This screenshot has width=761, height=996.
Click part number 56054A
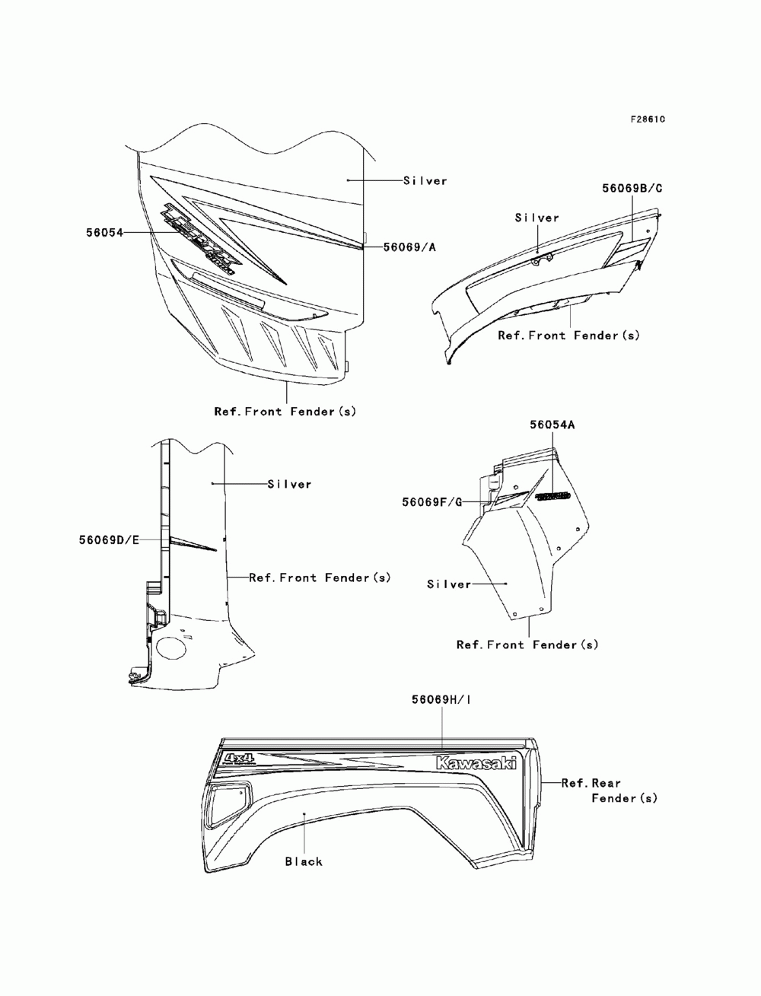tap(552, 425)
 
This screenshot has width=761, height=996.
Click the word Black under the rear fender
tap(304, 861)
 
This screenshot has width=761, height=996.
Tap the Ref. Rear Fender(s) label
tap(609, 790)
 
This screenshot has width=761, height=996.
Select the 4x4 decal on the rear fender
tap(239, 759)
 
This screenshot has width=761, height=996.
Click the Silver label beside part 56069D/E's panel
tap(289, 484)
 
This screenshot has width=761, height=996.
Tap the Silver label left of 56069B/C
tap(537, 218)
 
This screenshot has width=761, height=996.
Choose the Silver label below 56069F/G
tap(449, 584)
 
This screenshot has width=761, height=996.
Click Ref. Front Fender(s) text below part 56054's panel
tap(285, 412)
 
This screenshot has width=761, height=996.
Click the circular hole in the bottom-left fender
tap(171, 649)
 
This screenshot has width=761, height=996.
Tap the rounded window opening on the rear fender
tap(225, 799)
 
